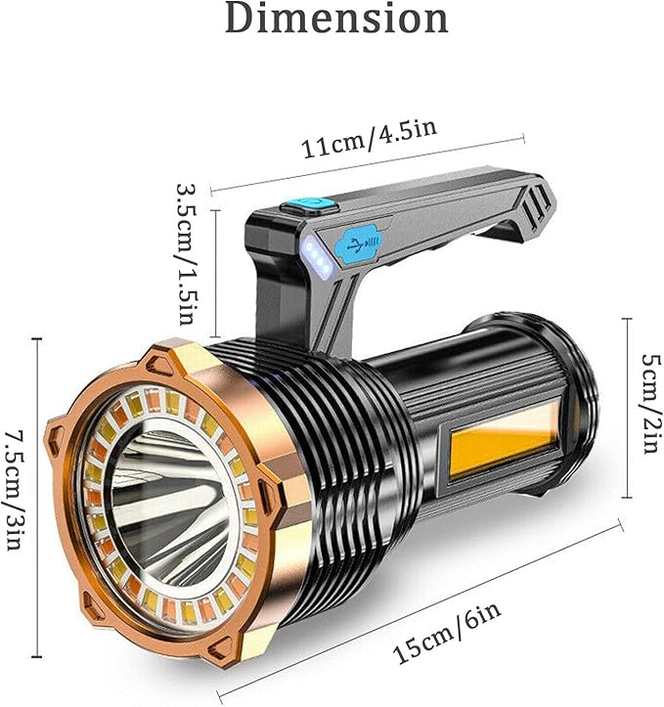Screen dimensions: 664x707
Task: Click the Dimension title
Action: pos(336,18)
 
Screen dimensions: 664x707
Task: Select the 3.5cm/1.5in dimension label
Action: pos(187,254)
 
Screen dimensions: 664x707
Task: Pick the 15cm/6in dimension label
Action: pos(447,632)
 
